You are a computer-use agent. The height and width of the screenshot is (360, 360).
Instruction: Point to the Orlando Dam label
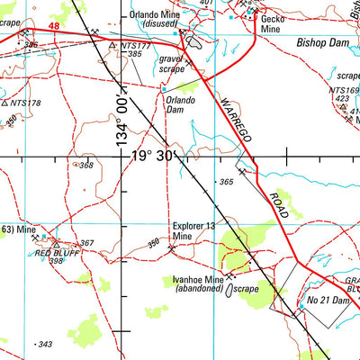pyautogui.click(x=180, y=105)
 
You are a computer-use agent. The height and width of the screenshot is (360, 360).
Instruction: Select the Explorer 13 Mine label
pyautogui.click(x=193, y=231)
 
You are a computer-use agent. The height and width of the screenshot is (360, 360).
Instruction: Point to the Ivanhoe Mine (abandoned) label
pyautogui.click(x=197, y=285)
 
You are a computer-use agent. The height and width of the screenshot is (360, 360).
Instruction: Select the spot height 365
pyautogui.click(x=226, y=182)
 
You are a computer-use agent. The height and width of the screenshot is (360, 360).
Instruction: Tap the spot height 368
pyautogui.click(x=86, y=166)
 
